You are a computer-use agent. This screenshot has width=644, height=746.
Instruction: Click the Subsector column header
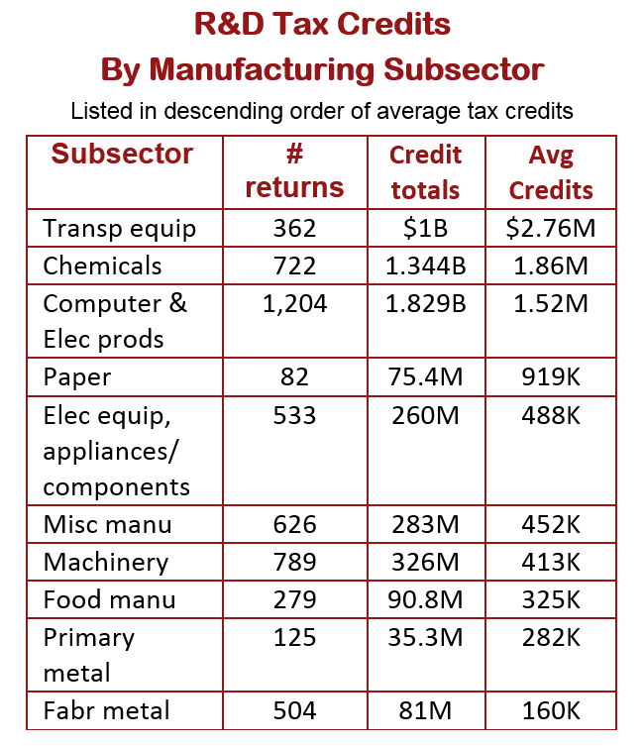pos(122,155)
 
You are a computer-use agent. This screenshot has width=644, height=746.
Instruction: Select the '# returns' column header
pos(294,170)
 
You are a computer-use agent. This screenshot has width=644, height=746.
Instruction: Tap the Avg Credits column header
pos(551,172)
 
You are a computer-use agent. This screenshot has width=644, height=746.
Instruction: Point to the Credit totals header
pos(425,172)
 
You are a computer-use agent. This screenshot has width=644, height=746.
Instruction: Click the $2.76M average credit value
pos(551,228)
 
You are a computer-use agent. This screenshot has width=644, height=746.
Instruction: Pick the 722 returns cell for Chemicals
pos(294,266)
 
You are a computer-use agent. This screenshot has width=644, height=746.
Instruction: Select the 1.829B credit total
pos(426,303)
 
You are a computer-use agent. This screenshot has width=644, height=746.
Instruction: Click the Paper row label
pos(77,378)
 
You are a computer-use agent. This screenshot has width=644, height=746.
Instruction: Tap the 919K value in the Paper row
pos(551,376)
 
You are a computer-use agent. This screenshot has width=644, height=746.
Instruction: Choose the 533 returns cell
pos(294,415)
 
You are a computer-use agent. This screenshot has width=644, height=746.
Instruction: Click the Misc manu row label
pos(107,525)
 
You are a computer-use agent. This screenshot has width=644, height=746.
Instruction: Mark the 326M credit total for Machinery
pos(425,562)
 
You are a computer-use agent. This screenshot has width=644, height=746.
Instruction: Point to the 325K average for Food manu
pos(551,599)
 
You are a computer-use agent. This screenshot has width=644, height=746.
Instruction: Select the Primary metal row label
pos(89,655)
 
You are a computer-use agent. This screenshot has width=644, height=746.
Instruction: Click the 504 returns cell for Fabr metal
pos(294,710)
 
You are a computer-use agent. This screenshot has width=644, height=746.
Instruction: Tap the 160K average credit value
pos(551,710)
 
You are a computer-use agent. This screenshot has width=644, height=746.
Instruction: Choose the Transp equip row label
pos(119,229)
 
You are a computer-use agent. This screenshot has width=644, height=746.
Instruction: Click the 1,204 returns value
pos(294,304)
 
